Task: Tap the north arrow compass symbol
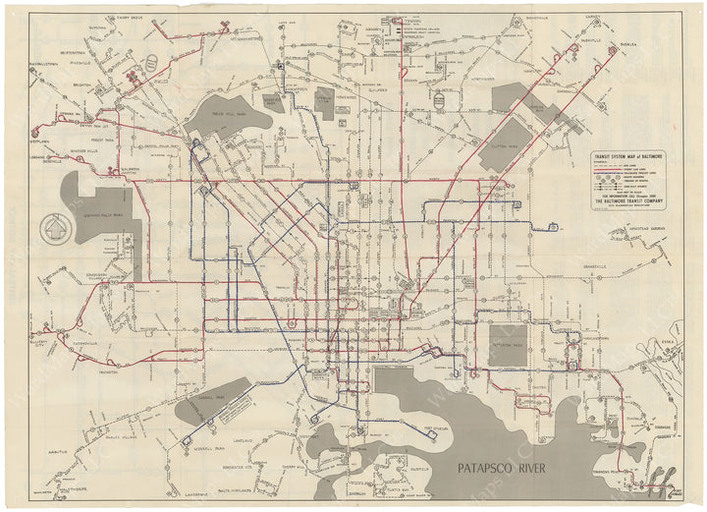coord(52,233)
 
